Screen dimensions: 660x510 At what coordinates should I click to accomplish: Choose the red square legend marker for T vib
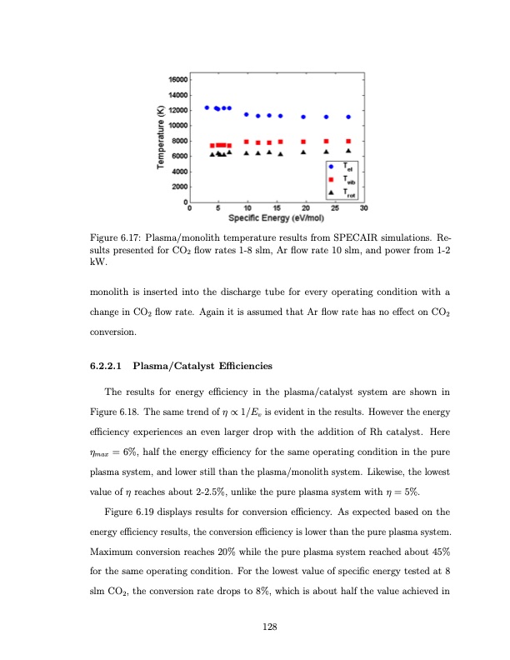click(x=332, y=179)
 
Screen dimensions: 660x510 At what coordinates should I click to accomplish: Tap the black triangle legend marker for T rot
click(x=332, y=192)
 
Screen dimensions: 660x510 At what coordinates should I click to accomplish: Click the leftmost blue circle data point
click(x=207, y=107)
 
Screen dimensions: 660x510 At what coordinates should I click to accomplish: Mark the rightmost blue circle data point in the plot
click(x=348, y=117)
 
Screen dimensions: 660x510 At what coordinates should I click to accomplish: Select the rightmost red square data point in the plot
click(x=348, y=141)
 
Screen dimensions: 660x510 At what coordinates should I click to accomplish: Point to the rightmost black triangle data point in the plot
click(x=348, y=151)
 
